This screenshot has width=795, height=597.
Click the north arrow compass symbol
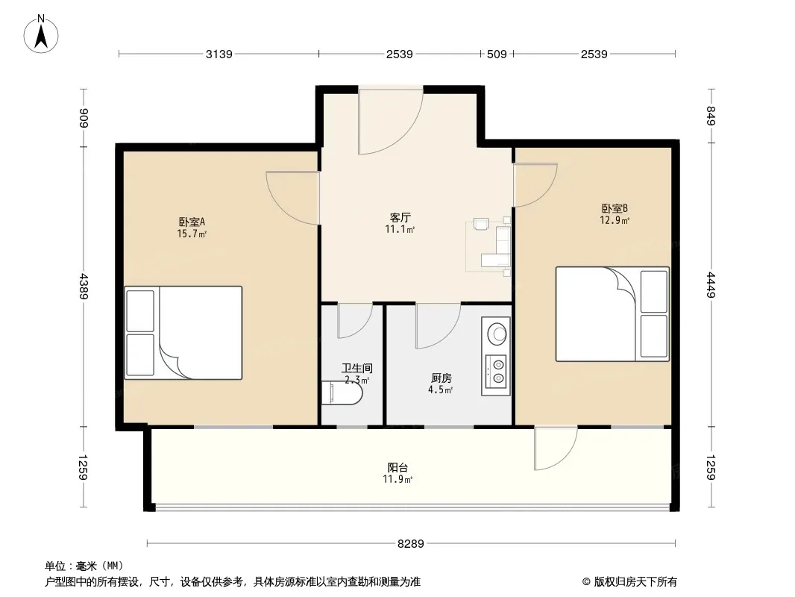pos(41,34)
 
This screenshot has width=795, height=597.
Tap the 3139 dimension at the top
pos(219,54)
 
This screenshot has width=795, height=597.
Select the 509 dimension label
pos(497,54)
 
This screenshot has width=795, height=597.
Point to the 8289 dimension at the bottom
pos(411,544)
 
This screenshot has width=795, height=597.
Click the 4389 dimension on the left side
pos(84,286)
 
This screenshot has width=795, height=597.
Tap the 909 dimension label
pos(84,118)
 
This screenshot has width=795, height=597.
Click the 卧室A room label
pos(192,222)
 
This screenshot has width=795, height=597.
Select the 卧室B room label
pos(615,208)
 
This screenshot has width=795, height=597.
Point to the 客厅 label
pos(400,218)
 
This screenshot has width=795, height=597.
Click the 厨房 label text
pos(441,378)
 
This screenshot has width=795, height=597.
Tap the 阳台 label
pos(397,467)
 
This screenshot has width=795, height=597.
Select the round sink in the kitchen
pos(497,334)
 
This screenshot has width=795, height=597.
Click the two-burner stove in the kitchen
pos(495,371)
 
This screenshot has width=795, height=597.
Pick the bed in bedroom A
pos(183,333)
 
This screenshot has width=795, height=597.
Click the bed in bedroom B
pos(612,314)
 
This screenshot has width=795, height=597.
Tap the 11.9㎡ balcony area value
pos(397,479)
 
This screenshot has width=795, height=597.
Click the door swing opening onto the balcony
pos(556,449)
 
